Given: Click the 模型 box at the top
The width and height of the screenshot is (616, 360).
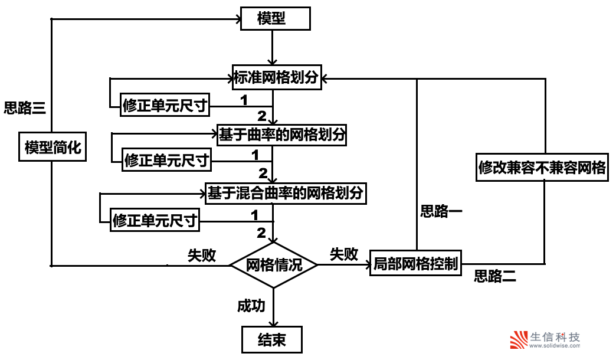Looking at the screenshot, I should click(275, 19).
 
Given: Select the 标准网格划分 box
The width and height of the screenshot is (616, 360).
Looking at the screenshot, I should click(277, 77).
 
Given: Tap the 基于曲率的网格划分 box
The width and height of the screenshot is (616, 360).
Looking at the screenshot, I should click(281, 135).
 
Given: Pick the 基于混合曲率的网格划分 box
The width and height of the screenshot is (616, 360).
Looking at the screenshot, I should click(284, 192).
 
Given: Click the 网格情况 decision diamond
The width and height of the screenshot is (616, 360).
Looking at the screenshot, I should click(273, 265).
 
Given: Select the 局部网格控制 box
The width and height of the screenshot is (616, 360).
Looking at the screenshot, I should click(415, 264).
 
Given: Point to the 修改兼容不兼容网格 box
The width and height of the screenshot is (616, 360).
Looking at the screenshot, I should click(542, 168).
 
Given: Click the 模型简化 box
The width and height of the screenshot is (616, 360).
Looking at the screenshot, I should click(53, 148).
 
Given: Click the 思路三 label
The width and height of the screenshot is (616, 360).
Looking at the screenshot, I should click(24, 108).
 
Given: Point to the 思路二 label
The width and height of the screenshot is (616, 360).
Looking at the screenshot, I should click(495, 276).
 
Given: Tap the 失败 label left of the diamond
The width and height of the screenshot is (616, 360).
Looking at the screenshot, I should click(202, 255).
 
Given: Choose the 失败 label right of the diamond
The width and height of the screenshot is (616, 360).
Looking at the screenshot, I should click(344, 254).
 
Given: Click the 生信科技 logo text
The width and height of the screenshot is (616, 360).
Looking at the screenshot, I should click(555, 338).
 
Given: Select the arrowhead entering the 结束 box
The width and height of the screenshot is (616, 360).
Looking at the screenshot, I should click(273, 323).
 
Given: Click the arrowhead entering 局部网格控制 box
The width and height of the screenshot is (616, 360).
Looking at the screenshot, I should click(366, 265).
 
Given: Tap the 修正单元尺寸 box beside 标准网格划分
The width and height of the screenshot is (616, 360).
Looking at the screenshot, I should click(165, 106).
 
